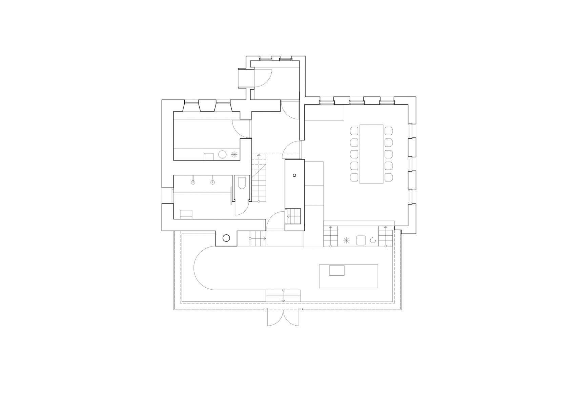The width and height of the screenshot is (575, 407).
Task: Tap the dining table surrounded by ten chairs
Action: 371,154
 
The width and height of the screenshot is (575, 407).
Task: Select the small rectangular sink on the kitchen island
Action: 337,270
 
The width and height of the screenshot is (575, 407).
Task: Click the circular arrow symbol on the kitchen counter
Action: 373,240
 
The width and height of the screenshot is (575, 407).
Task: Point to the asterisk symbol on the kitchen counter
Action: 346,240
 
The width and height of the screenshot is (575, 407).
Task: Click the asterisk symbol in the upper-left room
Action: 233,155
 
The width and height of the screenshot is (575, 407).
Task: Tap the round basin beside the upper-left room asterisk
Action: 222,155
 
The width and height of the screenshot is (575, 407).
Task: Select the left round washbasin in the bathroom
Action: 193,182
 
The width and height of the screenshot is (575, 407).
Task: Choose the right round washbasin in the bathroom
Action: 213,182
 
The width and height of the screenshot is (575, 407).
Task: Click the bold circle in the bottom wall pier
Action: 226,238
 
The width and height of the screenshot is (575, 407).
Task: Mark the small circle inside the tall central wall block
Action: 294,175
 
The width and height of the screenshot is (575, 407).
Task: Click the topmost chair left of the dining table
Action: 354,131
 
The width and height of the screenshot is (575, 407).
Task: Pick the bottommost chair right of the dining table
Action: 388,177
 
